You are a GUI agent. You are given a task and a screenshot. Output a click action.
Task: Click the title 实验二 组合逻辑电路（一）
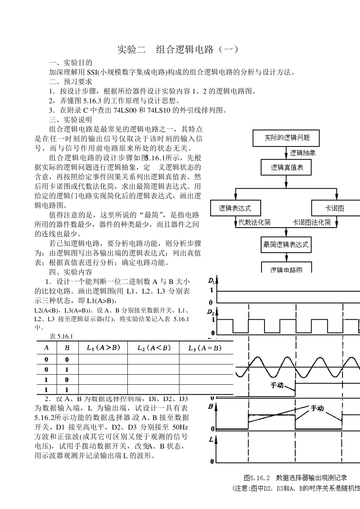(x=178, y=50)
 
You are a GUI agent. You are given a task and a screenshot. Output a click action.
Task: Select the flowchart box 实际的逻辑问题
(x=286, y=138)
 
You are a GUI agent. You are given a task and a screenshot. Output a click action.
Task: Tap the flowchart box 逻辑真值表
(x=286, y=167)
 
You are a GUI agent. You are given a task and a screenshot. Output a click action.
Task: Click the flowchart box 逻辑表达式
(x=235, y=208)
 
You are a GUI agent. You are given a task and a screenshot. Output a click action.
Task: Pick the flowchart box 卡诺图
(x=335, y=208)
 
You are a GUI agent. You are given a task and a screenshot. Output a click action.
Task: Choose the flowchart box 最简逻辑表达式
(x=286, y=245)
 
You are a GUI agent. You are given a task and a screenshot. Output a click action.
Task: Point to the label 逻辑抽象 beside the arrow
(x=303, y=153)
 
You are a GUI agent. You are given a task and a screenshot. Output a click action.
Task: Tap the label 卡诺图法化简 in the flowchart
(x=311, y=222)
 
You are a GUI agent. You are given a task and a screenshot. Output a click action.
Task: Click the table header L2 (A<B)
(x=153, y=348)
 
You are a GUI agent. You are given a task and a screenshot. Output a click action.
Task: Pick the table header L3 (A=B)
(x=205, y=348)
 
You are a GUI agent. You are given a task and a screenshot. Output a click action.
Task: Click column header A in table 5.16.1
(x=47, y=348)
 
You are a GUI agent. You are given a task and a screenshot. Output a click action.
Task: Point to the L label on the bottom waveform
(x=211, y=440)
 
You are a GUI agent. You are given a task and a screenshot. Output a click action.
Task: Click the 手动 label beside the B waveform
(x=317, y=408)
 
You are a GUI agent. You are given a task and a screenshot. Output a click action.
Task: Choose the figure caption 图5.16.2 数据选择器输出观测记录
(x=296, y=478)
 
